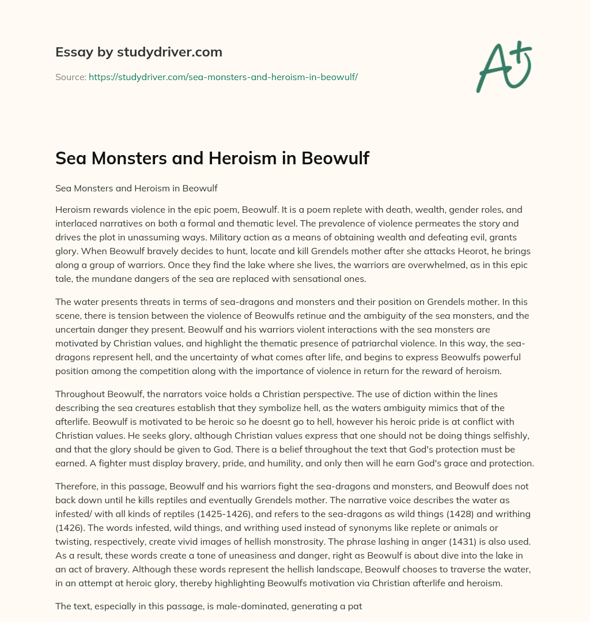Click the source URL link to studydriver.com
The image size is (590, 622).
223,77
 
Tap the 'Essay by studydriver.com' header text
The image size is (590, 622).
138,52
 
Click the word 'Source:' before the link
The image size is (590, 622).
71,77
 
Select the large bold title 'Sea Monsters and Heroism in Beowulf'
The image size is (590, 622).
212,159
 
